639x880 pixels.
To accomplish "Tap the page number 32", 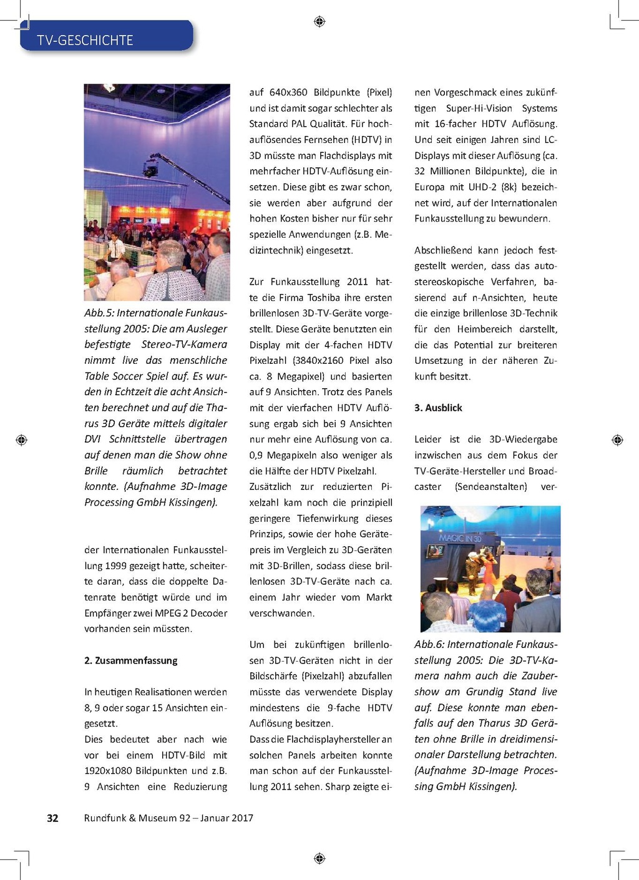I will tap(53, 818).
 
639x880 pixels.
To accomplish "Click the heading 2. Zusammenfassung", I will tap(131, 660).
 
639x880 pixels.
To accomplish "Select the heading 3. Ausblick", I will tap(438, 408).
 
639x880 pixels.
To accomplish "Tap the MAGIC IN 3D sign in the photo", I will tap(460, 537).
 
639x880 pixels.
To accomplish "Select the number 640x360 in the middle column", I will tap(288, 92).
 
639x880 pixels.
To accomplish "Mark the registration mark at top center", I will tap(319, 22).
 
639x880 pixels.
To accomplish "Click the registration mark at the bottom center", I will tap(319, 858).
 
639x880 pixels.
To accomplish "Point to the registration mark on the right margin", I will tap(617, 440).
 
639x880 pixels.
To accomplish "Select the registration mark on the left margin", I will tap(21, 440).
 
